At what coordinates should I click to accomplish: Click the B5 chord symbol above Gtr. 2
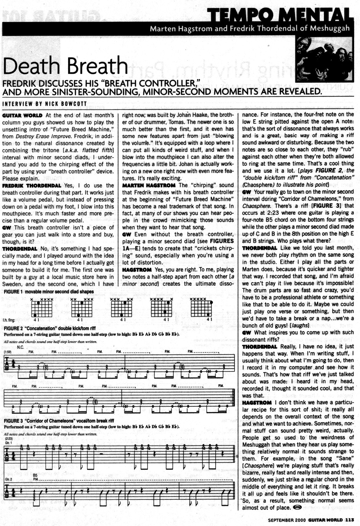coord(35,476)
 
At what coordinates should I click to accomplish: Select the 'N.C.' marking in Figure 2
coord(20,347)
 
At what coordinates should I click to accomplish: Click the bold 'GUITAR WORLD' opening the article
coord(22,115)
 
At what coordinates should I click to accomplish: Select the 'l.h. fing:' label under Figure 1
coord(9,320)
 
